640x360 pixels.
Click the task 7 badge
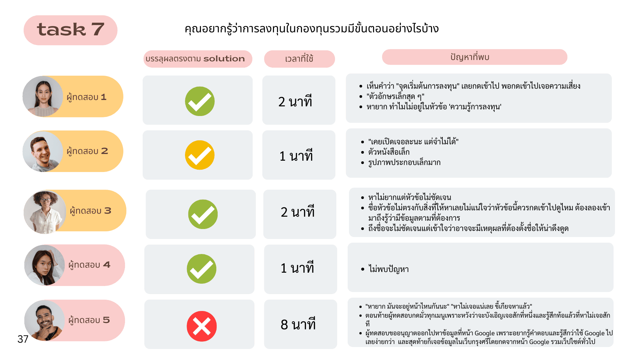70,30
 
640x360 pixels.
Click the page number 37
23,339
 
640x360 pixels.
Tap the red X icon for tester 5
201,326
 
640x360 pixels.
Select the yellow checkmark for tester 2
200,155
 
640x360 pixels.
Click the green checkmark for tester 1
200,101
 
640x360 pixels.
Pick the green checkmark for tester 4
201,269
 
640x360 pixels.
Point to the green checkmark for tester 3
203,214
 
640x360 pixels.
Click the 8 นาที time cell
298,324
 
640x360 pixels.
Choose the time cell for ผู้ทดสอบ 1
295,101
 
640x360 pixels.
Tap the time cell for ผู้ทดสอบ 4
297,268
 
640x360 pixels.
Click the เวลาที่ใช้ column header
299,59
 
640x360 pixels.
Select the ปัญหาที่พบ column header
470,57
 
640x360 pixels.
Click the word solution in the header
224,59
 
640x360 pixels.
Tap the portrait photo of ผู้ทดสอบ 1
43,97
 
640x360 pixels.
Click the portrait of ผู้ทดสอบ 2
43,152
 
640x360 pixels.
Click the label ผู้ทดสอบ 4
89,265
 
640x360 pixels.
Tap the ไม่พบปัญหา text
388,269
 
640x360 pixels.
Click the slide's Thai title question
312,29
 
